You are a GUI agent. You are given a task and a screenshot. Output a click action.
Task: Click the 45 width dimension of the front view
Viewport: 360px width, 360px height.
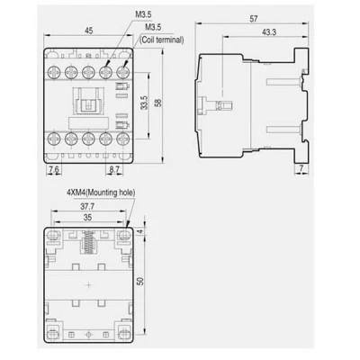[x=88, y=31]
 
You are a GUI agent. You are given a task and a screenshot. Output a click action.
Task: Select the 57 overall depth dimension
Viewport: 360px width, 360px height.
[x=254, y=19]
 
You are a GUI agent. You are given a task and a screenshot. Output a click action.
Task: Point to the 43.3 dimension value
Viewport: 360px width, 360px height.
[x=269, y=32]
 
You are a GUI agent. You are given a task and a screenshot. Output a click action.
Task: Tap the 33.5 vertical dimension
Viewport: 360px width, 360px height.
[x=144, y=103]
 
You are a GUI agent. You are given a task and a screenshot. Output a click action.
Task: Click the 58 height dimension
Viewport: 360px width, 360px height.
[x=158, y=103]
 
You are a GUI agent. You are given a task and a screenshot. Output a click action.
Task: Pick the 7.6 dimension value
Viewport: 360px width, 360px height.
[x=54, y=169]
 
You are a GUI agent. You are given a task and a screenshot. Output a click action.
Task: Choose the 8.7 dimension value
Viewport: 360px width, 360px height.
[x=114, y=169]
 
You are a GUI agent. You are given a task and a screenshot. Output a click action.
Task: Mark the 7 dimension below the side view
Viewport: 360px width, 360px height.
[x=301, y=168]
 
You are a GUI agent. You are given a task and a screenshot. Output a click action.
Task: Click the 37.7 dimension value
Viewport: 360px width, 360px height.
[x=87, y=206]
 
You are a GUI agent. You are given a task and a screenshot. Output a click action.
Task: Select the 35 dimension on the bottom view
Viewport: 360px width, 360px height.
[x=87, y=217]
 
